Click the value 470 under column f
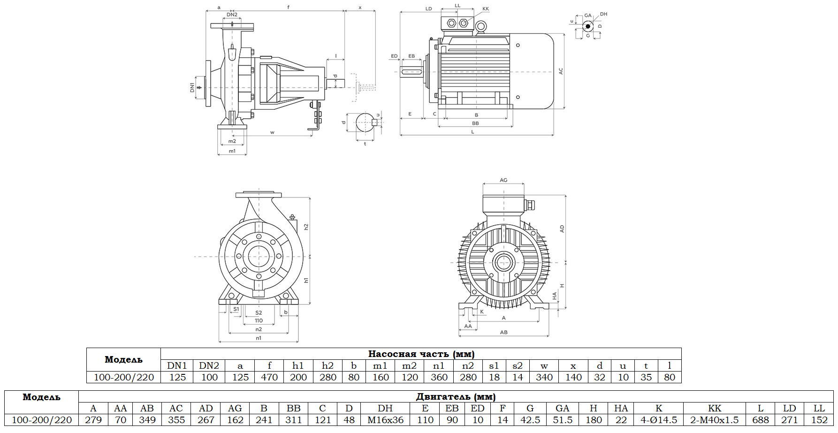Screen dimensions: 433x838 (x=269, y=377)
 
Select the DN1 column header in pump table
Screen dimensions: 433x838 (x=177, y=365)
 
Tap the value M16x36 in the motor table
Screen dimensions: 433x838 (x=385, y=420)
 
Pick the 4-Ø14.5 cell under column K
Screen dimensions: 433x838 (x=659, y=420)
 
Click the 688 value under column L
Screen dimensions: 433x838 (x=761, y=420)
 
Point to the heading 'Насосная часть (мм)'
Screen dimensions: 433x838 (x=421, y=354)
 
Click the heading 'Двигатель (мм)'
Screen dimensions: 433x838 (x=456, y=396)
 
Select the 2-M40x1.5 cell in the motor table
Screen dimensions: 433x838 (x=714, y=420)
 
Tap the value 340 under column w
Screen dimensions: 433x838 (x=544, y=377)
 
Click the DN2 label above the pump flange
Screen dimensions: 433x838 (x=232, y=15)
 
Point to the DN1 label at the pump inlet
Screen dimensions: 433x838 (x=192, y=87)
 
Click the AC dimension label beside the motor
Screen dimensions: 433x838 (x=561, y=71)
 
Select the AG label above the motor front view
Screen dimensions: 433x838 (x=503, y=180)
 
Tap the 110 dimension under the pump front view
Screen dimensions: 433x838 (x=259, y=321)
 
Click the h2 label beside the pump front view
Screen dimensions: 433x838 (x=306, y=227)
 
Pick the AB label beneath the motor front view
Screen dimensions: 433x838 (x=503, y=332)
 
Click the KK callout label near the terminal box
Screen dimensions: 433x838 (x=486, y=9)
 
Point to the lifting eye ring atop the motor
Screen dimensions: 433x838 (x=480, y=28)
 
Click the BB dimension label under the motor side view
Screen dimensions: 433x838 (x=475, y=123)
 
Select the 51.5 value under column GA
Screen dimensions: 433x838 (x=562, y=420)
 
